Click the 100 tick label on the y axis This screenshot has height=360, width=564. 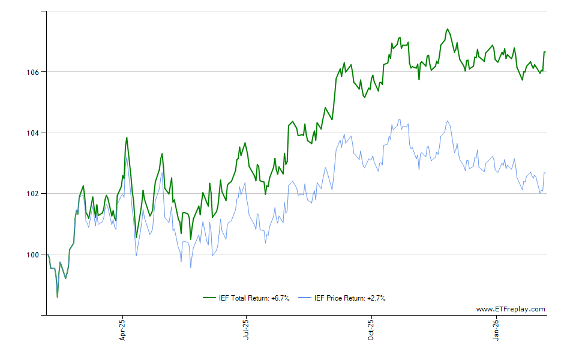click(x=34, y=254)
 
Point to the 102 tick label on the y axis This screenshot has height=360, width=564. click(x=34, y=194)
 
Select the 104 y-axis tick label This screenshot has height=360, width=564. click(x=34, y=133)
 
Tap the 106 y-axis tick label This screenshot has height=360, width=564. click(x=34, y=72)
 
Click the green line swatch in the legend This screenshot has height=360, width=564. click(x=210, y=298)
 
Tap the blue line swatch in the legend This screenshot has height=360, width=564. click(x=305, y=298)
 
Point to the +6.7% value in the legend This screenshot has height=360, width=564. click(x=280, y=298)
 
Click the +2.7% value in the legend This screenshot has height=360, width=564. click(x=376, y=298)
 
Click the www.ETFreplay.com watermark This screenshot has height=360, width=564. click(x=511, y=309)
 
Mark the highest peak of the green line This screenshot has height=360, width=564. click(x=447, y=29)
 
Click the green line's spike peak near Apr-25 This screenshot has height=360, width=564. click(x=127, y=138)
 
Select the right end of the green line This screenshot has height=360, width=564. click(x=545, y=52)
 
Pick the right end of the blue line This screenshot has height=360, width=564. click(x=545, y=173)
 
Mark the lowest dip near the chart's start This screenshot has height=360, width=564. click(x=57, y=297)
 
